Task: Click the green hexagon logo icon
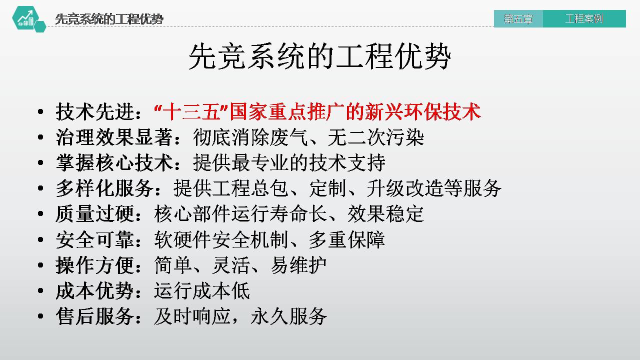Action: click(26, 19)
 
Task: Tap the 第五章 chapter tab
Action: click(518, 19)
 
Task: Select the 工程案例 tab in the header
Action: click(584, 19)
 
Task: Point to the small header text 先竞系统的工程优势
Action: click(109, 19)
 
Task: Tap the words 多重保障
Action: click(346, 239)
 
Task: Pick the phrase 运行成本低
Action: click(202, 290)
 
